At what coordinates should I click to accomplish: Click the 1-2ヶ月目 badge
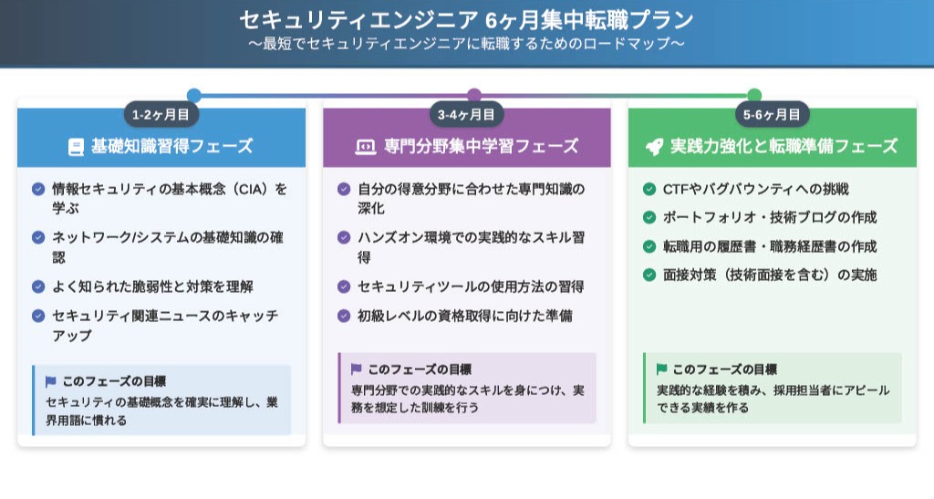(x=161, y=114)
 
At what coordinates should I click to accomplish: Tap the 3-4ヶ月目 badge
(x=466, y=114)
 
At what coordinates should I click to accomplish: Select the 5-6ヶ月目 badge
(x=772, y=114)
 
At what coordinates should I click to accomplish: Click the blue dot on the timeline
(x=193, y=95)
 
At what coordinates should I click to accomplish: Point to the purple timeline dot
(x=474, y=95)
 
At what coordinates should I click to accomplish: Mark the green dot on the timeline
(x=754, y=95)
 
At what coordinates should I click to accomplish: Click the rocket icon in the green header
(x=654, y=147)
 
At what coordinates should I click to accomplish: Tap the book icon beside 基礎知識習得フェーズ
(x=76, y=147)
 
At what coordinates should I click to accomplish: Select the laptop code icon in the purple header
(x=365, y=147)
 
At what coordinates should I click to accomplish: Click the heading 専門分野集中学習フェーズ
(x=481, y=147)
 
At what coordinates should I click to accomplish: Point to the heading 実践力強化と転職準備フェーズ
(x=784, y=147)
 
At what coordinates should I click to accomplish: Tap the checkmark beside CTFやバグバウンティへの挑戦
(x=649, y=190)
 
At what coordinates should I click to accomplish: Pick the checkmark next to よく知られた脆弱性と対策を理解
(x=38, y=287)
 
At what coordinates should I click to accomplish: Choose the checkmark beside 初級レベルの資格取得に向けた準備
(x=344, y=316)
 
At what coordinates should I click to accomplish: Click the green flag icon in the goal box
(x=661, y=369)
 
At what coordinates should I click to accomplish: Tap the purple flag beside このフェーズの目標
(x=357, y=369)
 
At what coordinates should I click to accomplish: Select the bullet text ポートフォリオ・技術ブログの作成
(x=770, y=217)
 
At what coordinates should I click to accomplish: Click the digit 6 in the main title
(x=491, y=21)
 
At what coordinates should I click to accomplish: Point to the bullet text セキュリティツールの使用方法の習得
(x=471, y=287)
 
